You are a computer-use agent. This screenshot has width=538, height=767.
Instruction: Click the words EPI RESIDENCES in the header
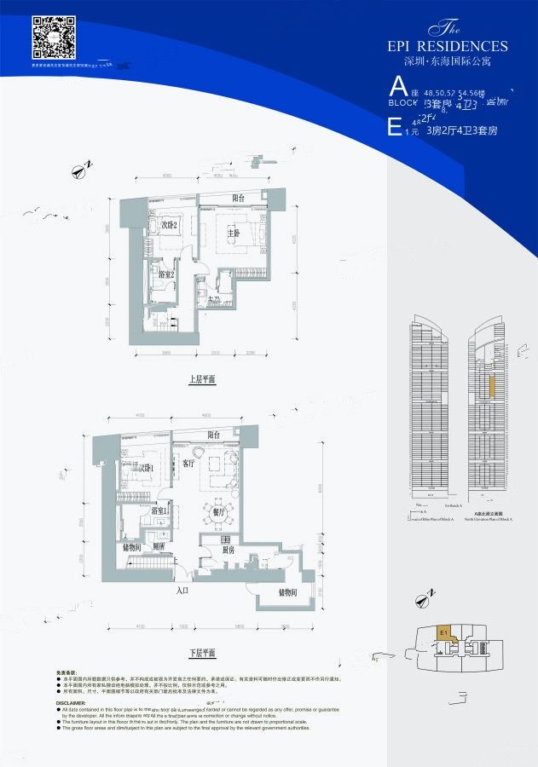448,46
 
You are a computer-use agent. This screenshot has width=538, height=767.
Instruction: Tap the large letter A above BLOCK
396,85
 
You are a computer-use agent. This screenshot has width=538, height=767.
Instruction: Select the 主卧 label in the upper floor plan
234,233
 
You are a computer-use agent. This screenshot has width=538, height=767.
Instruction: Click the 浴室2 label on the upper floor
167,274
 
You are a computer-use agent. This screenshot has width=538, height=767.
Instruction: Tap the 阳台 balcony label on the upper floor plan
239,198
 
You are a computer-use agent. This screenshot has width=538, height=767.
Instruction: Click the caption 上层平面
202,380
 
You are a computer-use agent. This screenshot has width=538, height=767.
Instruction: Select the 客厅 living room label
189,464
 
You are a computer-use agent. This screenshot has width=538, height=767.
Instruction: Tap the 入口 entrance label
182,590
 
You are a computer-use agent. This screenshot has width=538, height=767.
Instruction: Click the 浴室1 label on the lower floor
159,510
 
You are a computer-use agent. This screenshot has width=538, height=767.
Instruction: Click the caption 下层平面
202,653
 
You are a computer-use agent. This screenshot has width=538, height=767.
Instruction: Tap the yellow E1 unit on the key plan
444,632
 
